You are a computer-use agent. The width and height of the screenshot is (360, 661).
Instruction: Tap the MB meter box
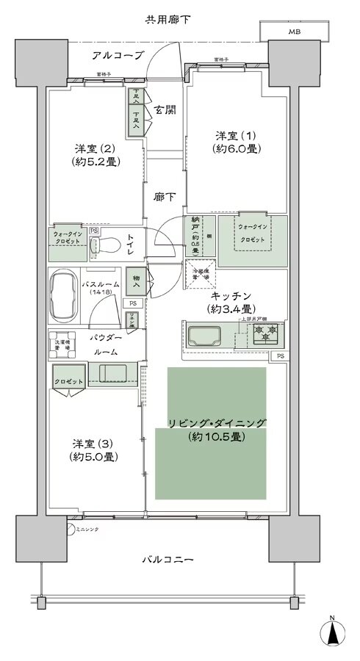tap(294, 32)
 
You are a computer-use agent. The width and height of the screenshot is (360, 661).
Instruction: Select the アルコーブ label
tap(118, 56)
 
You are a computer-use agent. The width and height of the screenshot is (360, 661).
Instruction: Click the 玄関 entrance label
tap(165, 112)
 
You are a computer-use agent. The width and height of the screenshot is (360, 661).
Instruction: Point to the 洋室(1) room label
tap(235, 142)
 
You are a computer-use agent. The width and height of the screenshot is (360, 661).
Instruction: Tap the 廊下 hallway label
tap(164, 197)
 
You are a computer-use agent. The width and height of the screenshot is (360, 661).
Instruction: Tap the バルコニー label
tap(168, 560)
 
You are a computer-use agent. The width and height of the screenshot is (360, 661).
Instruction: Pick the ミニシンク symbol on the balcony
tap(71, 527)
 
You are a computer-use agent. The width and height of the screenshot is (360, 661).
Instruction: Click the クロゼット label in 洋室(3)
tap(68, 382)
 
